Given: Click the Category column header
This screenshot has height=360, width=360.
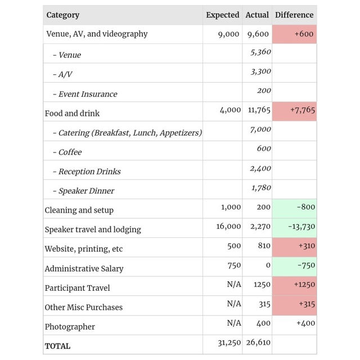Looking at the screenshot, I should tap(63, 15).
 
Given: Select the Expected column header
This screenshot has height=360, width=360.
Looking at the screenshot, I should tap(222, 15).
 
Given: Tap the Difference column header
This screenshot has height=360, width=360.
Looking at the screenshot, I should tap(294, 15).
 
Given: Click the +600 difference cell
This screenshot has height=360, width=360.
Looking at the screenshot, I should tap(304, 34).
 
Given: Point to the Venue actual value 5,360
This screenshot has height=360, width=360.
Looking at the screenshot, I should tap(260, 52).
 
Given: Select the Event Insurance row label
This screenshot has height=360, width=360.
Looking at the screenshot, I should tap(88, 94).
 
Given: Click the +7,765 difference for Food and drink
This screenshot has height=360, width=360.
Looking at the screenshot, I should tap(302, 110).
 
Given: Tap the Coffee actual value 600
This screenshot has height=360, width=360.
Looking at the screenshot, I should tap(264, 148).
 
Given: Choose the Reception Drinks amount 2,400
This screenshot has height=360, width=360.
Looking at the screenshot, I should tap(260, 168).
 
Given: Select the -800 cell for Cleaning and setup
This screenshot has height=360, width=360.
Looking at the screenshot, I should tap(306, 207).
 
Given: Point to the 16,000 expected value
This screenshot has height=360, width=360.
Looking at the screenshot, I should tap(228, 226).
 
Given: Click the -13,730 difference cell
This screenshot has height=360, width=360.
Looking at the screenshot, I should tap(301, 226).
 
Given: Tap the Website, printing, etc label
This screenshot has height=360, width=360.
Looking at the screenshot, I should tap(84, 249).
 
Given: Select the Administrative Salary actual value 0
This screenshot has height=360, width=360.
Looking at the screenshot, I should tap(268, 265).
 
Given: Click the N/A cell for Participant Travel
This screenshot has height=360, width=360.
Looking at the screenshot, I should tap(234, 285).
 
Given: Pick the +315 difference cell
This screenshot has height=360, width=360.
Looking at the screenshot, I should tap(304, 304).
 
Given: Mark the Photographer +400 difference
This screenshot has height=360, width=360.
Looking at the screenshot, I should tap(304, 323).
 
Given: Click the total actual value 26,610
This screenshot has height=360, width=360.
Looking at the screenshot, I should tap(258, 343).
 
